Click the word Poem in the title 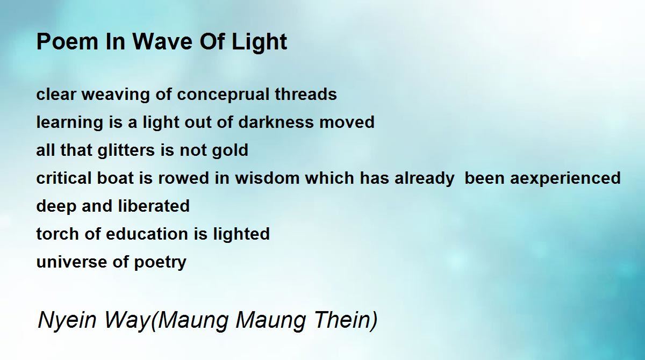click(67, 41)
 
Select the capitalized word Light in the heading click(259, 43)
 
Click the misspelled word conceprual click(224, 95)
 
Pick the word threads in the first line click(306, 94)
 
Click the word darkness click(276, 122)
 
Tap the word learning click(70, 123)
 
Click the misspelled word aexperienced click(565, 179)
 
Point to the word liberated click(154, 206)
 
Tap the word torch click(58, 233)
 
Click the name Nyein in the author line click(67, 321)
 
